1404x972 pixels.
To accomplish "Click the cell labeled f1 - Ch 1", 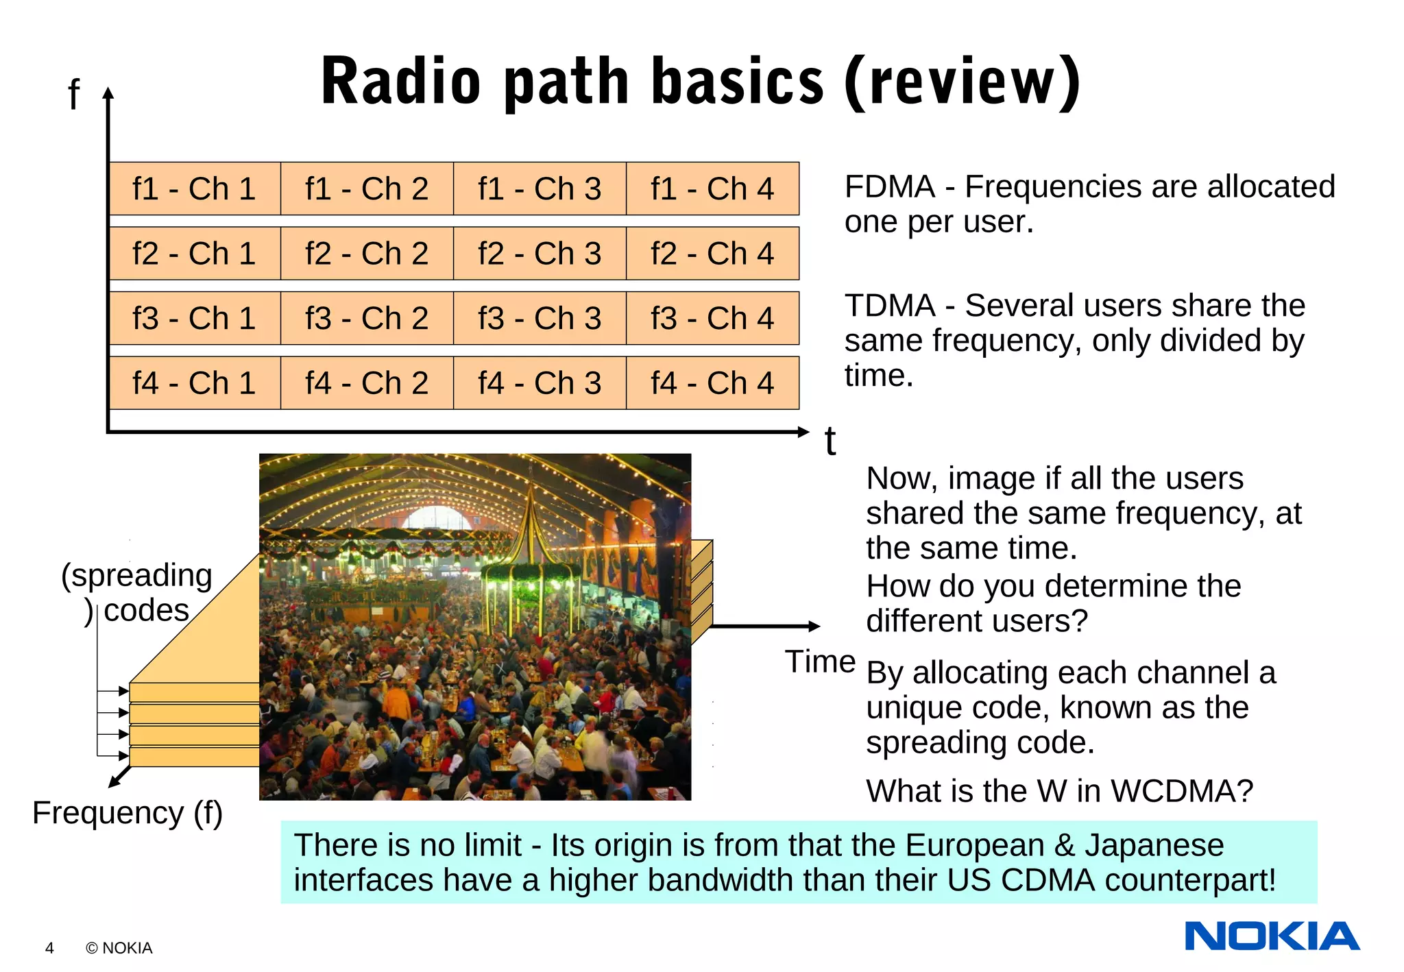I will [195, 189].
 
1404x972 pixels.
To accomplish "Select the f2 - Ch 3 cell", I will [540, 254].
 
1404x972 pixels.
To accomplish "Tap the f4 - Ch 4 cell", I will [712, 383].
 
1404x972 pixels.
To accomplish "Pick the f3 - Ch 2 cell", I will [367, 319].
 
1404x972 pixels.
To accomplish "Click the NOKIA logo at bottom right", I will [1272, 936].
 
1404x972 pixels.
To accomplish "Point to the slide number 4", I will [49, 948].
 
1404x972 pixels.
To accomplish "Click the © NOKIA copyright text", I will [119, 948].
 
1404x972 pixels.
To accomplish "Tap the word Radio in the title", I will [401, 82].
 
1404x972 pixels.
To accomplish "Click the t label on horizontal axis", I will [830, 441].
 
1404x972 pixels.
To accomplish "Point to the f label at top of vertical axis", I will [74, 95].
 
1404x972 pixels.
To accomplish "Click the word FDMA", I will [889, 187].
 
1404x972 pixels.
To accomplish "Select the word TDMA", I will [889, 306].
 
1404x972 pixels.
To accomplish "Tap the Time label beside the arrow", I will [820, 662].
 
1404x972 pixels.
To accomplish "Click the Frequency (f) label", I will [128, 814].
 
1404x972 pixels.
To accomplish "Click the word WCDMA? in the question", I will [1182, 792].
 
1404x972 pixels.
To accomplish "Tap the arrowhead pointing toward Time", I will [814, 626].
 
